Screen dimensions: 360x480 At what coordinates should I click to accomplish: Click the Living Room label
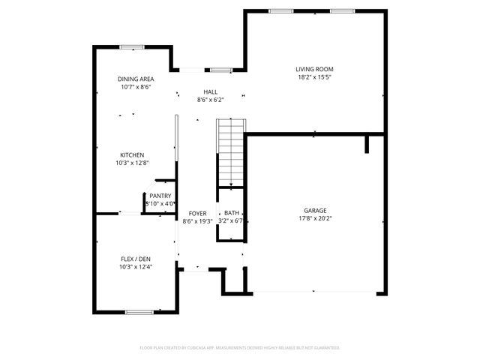(x=314, y=69)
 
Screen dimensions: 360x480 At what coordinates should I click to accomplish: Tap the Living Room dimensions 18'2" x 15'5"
(x=314, y=77)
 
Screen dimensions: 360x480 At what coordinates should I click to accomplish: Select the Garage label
(x=315, y=211)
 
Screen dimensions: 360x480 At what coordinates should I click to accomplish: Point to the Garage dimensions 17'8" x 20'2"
(x=315, y=220)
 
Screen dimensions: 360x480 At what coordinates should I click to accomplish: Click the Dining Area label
(x=136, y=79)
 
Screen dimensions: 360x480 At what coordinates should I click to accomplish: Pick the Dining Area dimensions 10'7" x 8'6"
(x=136, y=87)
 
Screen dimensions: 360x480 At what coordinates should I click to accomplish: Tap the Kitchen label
(x=132, y=154)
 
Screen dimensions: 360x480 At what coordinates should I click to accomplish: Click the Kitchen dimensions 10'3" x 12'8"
(x=132, y=163)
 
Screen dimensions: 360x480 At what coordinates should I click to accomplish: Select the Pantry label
(x=160, y=196)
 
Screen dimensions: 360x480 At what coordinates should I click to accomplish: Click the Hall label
(x=210, y=91)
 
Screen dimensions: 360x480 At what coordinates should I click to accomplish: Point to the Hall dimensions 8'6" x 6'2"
(x=210, y=100)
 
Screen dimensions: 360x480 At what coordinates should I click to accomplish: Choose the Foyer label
(x=197, y=213)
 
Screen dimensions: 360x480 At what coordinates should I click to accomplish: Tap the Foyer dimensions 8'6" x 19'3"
(x=197, y=221)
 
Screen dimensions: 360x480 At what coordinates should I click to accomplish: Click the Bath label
(x=232, y=213)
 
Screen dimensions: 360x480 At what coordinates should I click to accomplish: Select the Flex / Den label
(x=136, y=257)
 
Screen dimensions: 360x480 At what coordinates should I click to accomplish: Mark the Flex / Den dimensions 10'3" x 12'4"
(x=136, y=266)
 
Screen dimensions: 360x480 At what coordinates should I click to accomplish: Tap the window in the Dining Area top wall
(x=132, y=47)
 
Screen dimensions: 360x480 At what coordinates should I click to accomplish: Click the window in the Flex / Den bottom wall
(x=139, y=312)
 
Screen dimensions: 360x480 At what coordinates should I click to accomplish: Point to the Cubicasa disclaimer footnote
(x=240, y=348)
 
